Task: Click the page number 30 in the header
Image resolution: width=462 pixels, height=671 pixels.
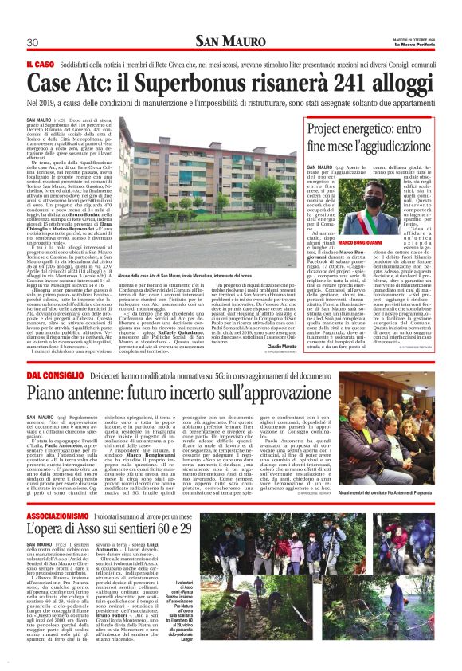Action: [x=33, y=42]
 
